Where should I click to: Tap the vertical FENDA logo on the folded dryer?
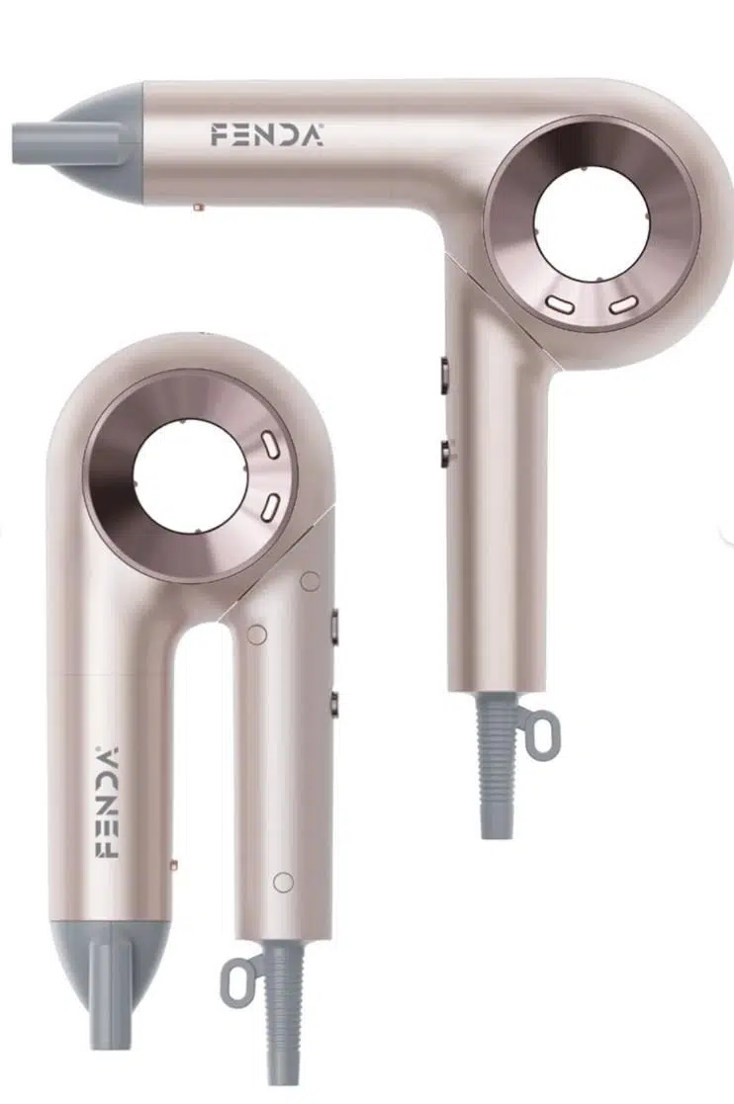point(107,802)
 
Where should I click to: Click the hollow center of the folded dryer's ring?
point(190,475)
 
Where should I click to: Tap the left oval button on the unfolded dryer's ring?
point(560,304)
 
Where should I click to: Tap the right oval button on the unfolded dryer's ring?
point(623,304)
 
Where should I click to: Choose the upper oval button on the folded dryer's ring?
point(270,445)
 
